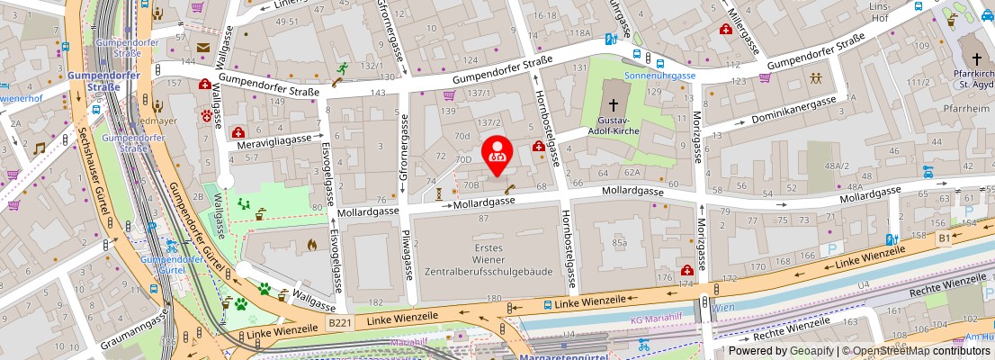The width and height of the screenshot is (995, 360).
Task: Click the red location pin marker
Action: click(x=497, y=155)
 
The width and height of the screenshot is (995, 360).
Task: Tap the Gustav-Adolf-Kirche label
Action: click(x=620, y=127)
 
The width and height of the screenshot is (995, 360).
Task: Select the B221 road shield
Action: click(x=338, y=321)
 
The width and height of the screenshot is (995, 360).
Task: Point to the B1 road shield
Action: click(x=944, y=238)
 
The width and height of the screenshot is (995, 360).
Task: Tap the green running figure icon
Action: click(x=343, y=68)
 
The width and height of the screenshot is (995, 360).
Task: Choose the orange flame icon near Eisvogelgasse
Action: click(x=312, y=244)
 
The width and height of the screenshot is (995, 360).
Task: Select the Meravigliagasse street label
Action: click(x=273, y=141)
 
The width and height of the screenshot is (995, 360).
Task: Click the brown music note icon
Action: click(x=39, y=148)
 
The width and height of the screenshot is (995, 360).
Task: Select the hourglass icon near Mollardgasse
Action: click(x=438, y=193)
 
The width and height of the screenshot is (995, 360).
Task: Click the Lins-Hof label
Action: click(x=902, y=13)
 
